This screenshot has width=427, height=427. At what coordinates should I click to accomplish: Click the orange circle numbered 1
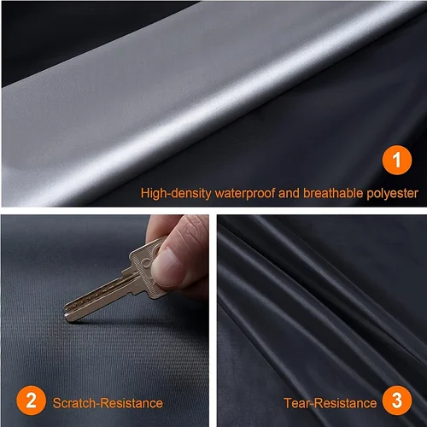(396, 159)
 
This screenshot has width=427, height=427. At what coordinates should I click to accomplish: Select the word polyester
(392, 194)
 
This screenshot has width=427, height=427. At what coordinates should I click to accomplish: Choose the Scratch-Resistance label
(108, 402)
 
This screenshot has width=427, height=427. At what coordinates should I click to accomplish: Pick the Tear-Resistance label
(330, 402)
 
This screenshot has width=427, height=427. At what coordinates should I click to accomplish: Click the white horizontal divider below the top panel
(213, 211)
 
